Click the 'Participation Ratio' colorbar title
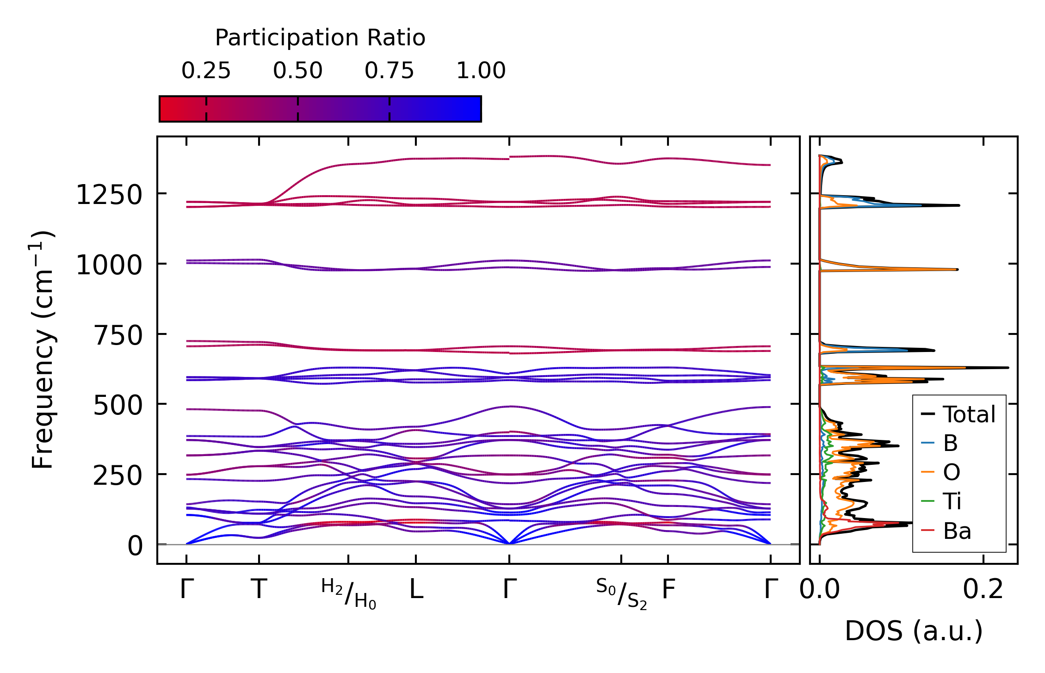pos(320,38)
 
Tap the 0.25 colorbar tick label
pos(206,71)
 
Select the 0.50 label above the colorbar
pos(297,71)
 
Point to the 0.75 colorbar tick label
pos(389,71)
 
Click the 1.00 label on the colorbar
pos(481,71)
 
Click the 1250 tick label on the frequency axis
pos(109,195)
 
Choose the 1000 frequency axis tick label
pos(109,265)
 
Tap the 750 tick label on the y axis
pos(118,335)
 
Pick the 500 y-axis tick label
pos(118,406)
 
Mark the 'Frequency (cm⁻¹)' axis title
pos(43,350)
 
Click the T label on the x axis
pos(259,590)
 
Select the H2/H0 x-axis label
pos(349,594)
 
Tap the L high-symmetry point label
pos(416,590)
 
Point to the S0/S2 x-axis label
pos(621,594)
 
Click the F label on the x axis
pos(668,590)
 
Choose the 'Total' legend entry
pos(969,414)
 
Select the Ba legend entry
pos(957,531)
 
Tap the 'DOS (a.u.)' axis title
pos(914,631)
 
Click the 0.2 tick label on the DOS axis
pos(983,590)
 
